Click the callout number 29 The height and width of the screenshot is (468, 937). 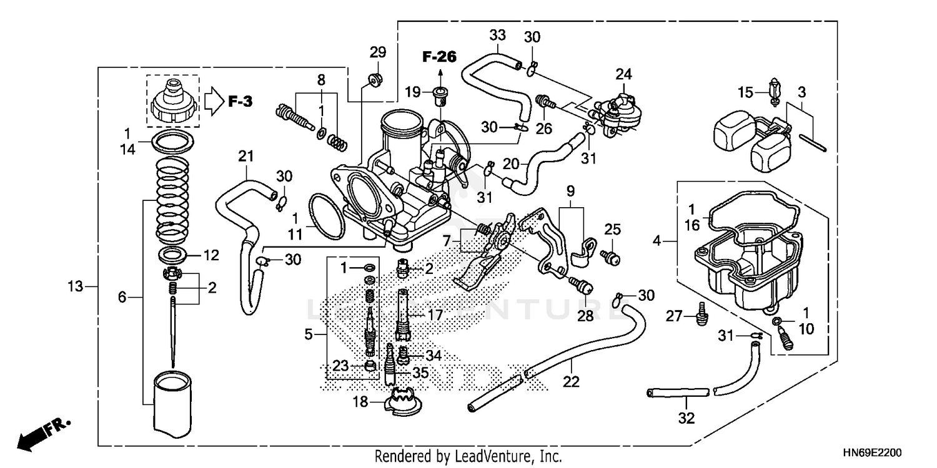(378, 52)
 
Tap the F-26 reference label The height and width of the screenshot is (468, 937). (439, 57)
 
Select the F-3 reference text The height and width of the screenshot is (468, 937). (239, 100)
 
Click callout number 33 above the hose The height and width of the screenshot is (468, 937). (497, 35)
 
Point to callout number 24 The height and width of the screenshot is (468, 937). (623, 74)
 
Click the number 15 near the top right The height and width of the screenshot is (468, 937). (746, 93)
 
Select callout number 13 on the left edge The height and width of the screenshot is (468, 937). (76, 286)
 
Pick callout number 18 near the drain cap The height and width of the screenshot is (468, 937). (360, 402)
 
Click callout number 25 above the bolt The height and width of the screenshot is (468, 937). (612, 230)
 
